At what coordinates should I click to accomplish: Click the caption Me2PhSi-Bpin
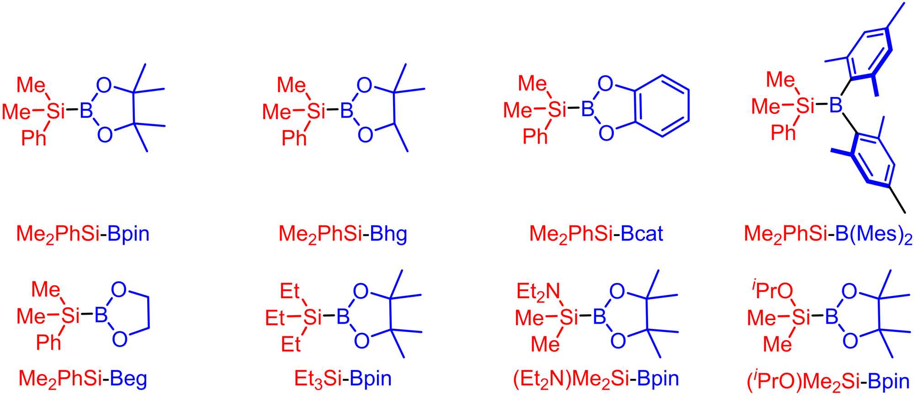[x=83, y=234]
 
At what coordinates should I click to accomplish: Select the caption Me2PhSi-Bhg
[x=343, y=234]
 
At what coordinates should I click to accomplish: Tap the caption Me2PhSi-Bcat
[x=596, y=234]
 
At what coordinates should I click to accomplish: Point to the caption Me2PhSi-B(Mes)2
[x=828, y=234]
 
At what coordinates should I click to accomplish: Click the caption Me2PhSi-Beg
[x=83, y=379]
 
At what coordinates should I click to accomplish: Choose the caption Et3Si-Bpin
[x=343, y=379]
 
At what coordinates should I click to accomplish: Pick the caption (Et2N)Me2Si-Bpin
[x=596, y=379]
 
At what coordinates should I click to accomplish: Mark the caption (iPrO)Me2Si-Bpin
[x=828, y=380]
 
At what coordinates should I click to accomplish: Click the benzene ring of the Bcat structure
[x=661, y=106]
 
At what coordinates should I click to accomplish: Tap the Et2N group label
[x=538, y=292]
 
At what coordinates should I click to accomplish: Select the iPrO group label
[x=772, y=291]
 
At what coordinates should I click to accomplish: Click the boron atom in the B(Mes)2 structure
[x=835, y=106]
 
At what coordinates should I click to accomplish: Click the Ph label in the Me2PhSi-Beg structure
[x=48, y=342]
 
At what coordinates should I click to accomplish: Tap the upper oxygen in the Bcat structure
[x=605, y=84]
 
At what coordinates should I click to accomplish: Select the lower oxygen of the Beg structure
[x=119, y=339]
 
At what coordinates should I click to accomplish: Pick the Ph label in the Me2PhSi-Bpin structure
[x=34, y=138]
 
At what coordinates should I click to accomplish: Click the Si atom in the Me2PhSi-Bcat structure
[x=556, y=109]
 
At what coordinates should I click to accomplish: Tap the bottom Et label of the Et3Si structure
[x=291, y=344]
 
